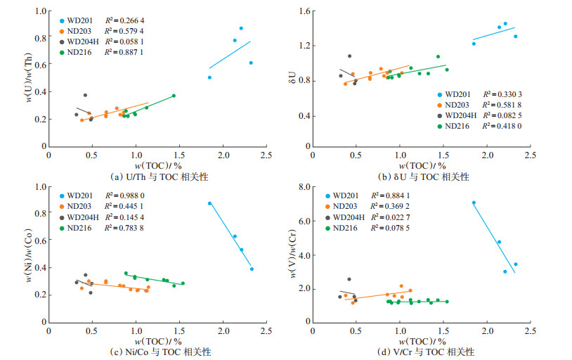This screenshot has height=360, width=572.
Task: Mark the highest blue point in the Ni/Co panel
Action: pos(209,203)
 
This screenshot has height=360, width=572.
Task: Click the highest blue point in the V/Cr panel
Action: pos(474,202)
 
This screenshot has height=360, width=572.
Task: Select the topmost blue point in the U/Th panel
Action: pos(241,28)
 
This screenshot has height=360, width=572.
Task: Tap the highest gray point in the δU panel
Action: pos(349,56)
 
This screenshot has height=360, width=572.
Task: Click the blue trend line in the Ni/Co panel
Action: pos(230,237)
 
